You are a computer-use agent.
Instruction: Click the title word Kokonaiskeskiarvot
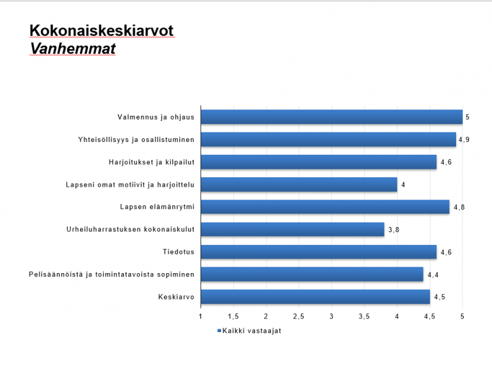tap(101, 31)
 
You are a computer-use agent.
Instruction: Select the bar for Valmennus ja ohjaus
tap(331, 117)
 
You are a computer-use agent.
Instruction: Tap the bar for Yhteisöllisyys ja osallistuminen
tap(328, 139)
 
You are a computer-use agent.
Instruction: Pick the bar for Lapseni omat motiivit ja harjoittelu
tap(299, 185)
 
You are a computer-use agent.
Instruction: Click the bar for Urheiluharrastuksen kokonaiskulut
tap(292, 229)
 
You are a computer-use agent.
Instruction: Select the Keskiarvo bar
tap(315, 297)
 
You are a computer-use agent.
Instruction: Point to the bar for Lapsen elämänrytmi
tap(325, 207)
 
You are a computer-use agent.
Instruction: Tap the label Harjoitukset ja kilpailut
tap(152, 162)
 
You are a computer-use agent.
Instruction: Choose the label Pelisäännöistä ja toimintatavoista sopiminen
tap(111, 274)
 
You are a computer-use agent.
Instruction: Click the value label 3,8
tap(394, 230)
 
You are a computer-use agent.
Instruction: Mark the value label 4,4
tap(432, 275)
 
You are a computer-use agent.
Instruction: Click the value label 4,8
tap(459, 207)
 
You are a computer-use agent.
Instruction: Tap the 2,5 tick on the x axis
tap(299, 317)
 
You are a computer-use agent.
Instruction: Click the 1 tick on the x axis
tap(201, 317)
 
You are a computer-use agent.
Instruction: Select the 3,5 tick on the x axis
tap(364, 317)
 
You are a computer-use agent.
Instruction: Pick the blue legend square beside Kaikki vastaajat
tap(218, 331)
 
